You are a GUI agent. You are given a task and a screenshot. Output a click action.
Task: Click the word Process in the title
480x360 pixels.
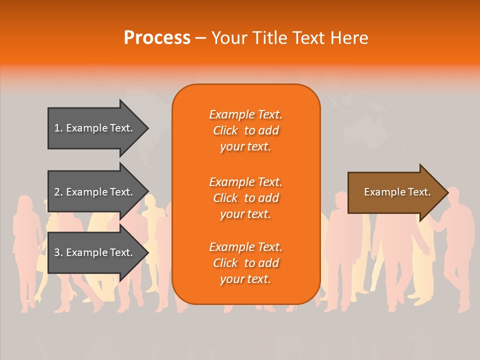tap(157, 38)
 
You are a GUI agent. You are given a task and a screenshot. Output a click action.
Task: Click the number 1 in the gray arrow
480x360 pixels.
tap(57, 128)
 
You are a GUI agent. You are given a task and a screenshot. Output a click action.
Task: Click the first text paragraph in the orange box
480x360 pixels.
tap(245, 130)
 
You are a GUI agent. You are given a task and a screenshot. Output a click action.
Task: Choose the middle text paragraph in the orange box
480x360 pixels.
tap(245, 198)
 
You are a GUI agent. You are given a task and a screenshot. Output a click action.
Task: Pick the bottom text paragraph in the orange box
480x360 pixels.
tap(245, 263)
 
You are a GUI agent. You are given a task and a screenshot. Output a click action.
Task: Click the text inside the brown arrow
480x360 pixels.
tap(397, 192)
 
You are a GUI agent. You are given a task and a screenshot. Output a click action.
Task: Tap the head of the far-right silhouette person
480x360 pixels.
tap(454, 194)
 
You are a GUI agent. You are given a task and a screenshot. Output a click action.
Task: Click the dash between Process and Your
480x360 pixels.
tap(200, 38)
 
